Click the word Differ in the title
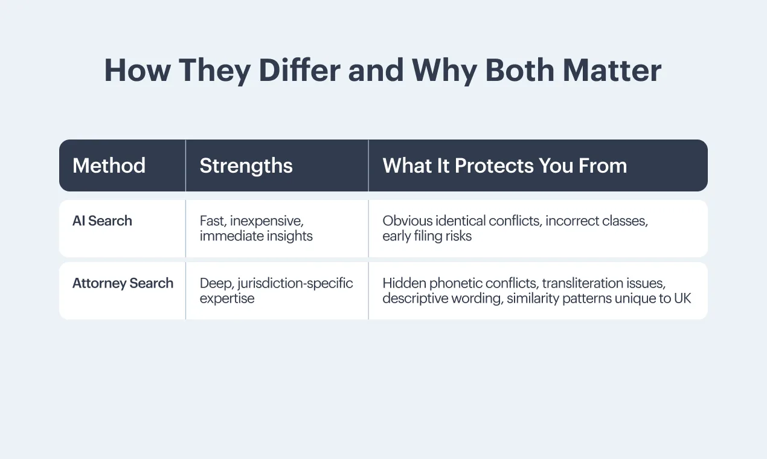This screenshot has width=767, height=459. click(x=300, y=70)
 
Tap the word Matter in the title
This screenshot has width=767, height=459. click(x=612, y=70)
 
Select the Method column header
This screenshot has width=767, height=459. click(x=109, y=165)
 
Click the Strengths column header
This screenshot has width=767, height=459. click(x=246, y=166)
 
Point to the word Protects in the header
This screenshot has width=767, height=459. click(x=495, y=166)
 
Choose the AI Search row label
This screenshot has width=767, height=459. click(x=102, y=220)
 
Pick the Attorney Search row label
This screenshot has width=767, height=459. click(x=123, y=283)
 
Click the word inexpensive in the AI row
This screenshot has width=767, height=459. click(x=267, y=221)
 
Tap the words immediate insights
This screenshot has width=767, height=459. click(x=256, y=236)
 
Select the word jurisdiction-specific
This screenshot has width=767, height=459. click(x=295, y=284)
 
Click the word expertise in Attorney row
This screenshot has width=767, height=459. click(x=227, y=299)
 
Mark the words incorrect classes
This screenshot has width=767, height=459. click(x=597, y=221)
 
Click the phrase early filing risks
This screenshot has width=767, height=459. click(x=427, y=236)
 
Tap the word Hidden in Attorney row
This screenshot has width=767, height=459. click(x=404, y=283)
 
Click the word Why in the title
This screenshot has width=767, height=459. click(x=444, y=71)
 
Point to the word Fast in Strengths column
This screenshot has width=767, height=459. click(x=213, y=221)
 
